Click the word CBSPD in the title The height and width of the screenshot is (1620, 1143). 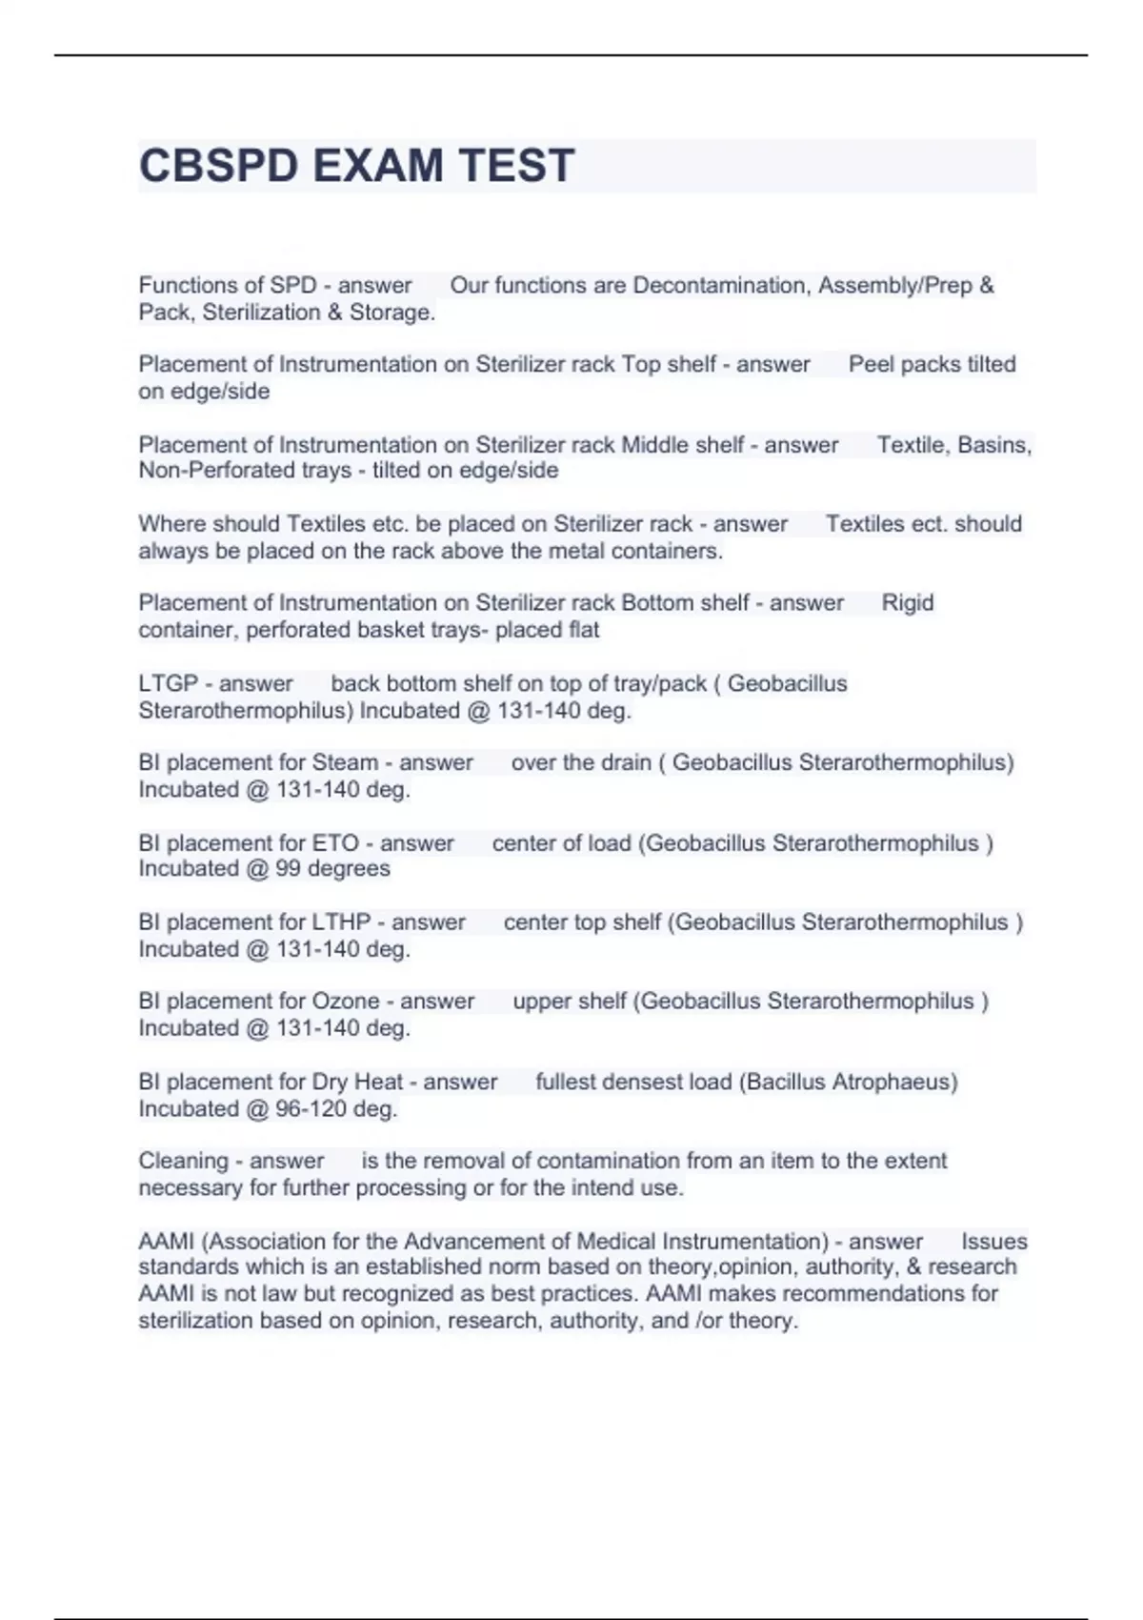pyautogui.click(x=218, y=166)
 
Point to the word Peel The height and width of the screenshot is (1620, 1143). pyautogui.click(x=871, y=364)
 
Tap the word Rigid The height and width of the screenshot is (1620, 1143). pyautogui.click(x=908, y=603)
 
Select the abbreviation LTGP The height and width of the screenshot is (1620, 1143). pyautogui.click(x=168, y=683)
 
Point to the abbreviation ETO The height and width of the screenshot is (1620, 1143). pyautogui.click(x=335, y=843)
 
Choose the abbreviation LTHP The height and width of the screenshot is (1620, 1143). pyautogui.click(x=341, y=922)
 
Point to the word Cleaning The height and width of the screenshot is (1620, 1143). pyautogui.click(x=183, y=1161)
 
